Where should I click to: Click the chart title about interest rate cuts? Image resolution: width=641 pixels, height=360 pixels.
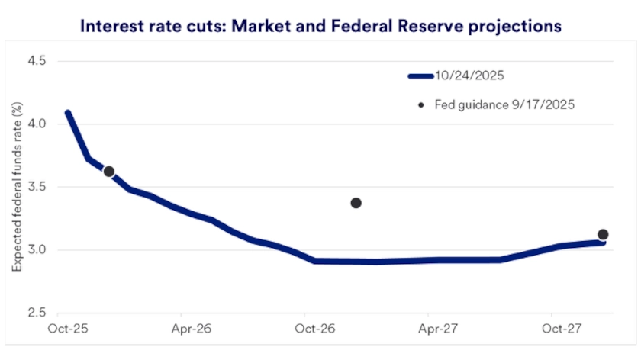click(320, 26)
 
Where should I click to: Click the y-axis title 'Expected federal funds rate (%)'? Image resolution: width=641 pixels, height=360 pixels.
click(16, 187)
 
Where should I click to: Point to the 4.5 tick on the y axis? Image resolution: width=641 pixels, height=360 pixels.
click(35, 60)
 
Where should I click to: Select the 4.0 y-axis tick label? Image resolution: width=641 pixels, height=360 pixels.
click(35, 124)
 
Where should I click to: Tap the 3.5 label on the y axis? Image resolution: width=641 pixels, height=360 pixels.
click(35, 187)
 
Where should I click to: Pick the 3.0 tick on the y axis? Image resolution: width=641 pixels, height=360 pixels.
click(35, 250)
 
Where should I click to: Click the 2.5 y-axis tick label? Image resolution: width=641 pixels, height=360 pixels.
click(35, 313)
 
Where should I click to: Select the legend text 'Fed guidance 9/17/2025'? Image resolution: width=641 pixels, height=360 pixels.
click(504, 104)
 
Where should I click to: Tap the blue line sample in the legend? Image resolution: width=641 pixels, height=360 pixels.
click(420, 76)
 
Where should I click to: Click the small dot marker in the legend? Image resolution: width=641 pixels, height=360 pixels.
click(420, 104)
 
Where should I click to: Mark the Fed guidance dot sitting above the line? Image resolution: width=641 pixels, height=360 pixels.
click(356, 203)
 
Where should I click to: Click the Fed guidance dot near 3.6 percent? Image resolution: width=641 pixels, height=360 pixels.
click(109, 172)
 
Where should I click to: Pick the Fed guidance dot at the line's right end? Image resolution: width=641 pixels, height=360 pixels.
click(603, 235)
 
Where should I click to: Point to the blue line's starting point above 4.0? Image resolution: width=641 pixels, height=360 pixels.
click(68, 114)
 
